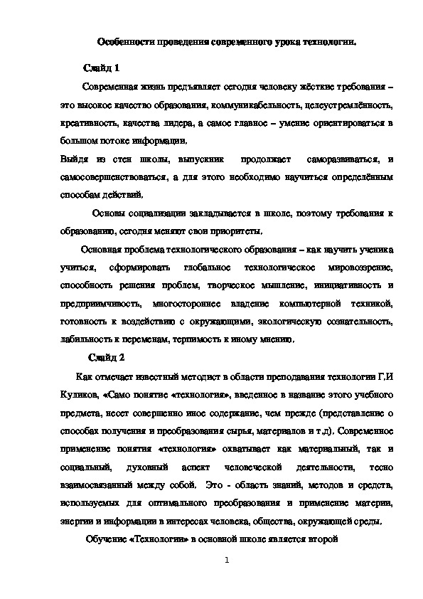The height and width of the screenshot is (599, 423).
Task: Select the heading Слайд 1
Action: pyautogui.click(x=102, y=68)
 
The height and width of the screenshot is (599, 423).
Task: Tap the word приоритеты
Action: pyautogui.click(x=237, y=231)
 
